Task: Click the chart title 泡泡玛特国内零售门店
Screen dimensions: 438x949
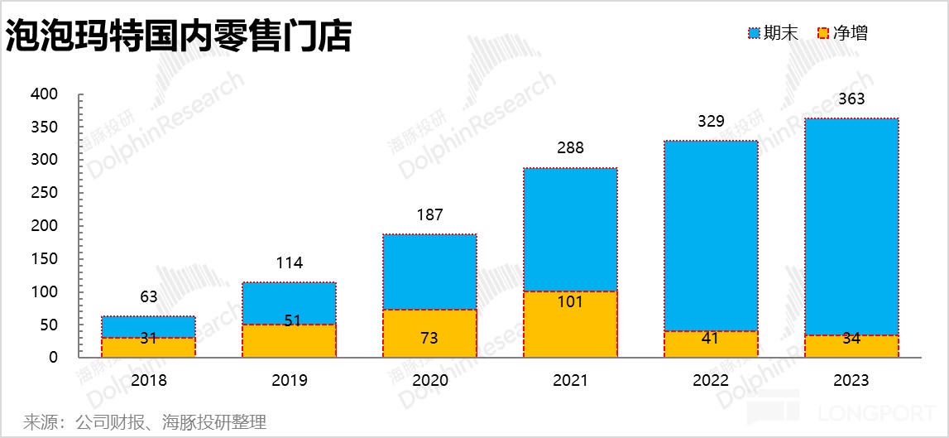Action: pyautogui.click(x=179, y=36)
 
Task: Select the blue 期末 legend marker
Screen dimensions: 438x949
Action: pyautogui.click(x=754, y=33)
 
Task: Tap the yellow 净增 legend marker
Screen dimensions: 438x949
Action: pyautogui.click(x=822, y=33)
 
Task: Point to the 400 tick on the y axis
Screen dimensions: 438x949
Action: pyautogui.click(x=45, y=94)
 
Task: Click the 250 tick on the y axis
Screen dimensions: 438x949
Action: pyautogui.click(x=45, y=193)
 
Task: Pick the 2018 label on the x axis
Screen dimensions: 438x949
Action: pyautogui.click(x=149, y=381)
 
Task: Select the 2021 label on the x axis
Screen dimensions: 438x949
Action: pyautogui.click(x=570, y=381)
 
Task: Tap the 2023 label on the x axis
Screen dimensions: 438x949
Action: pyautogui.click(x=851, y=381)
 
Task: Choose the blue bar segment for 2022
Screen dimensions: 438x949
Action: pyautogui.click(x=711, y=236)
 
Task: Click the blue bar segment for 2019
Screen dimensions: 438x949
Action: pyautogui.click(x=289, y=303)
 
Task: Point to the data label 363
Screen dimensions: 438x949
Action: pyautogui.click(x=851, y=99)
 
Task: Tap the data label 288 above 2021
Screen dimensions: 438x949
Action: pyautogui.click(x=570, y=148)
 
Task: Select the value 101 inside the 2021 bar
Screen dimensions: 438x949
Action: pyautogui.click(x=570, y=302)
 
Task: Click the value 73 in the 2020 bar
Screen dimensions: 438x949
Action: pyautogui.click(x=429, y=338)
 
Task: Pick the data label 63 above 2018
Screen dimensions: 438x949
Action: pyautogui.click(x=149, y=296)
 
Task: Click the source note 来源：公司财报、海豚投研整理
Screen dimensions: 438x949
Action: pyautogui.click(x=146, y=422)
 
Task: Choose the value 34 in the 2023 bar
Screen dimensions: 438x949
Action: pyautogui.click(x=851, y=338)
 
